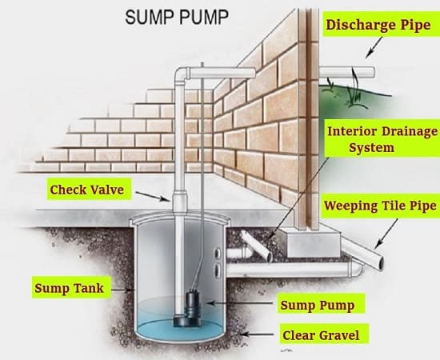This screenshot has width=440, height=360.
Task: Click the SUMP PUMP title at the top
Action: click(177, 17)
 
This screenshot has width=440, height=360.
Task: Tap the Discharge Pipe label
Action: click(378, 25)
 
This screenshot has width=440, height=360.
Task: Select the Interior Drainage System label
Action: click(382, 139)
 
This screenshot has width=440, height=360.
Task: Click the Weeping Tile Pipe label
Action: click(380, 206)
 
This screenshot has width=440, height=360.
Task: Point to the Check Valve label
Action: click(87, 190)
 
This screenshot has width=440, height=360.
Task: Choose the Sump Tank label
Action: click(70, 288)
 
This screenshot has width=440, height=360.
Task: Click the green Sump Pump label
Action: click(318, 305)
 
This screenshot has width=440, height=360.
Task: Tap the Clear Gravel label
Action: click(321, 335)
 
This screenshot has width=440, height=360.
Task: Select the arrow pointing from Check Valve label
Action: click(152, 197)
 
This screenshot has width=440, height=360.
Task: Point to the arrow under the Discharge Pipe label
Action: click(374, 47)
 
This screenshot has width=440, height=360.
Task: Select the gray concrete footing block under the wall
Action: click(312, 242)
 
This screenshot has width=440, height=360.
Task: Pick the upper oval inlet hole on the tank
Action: click(217, 254)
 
